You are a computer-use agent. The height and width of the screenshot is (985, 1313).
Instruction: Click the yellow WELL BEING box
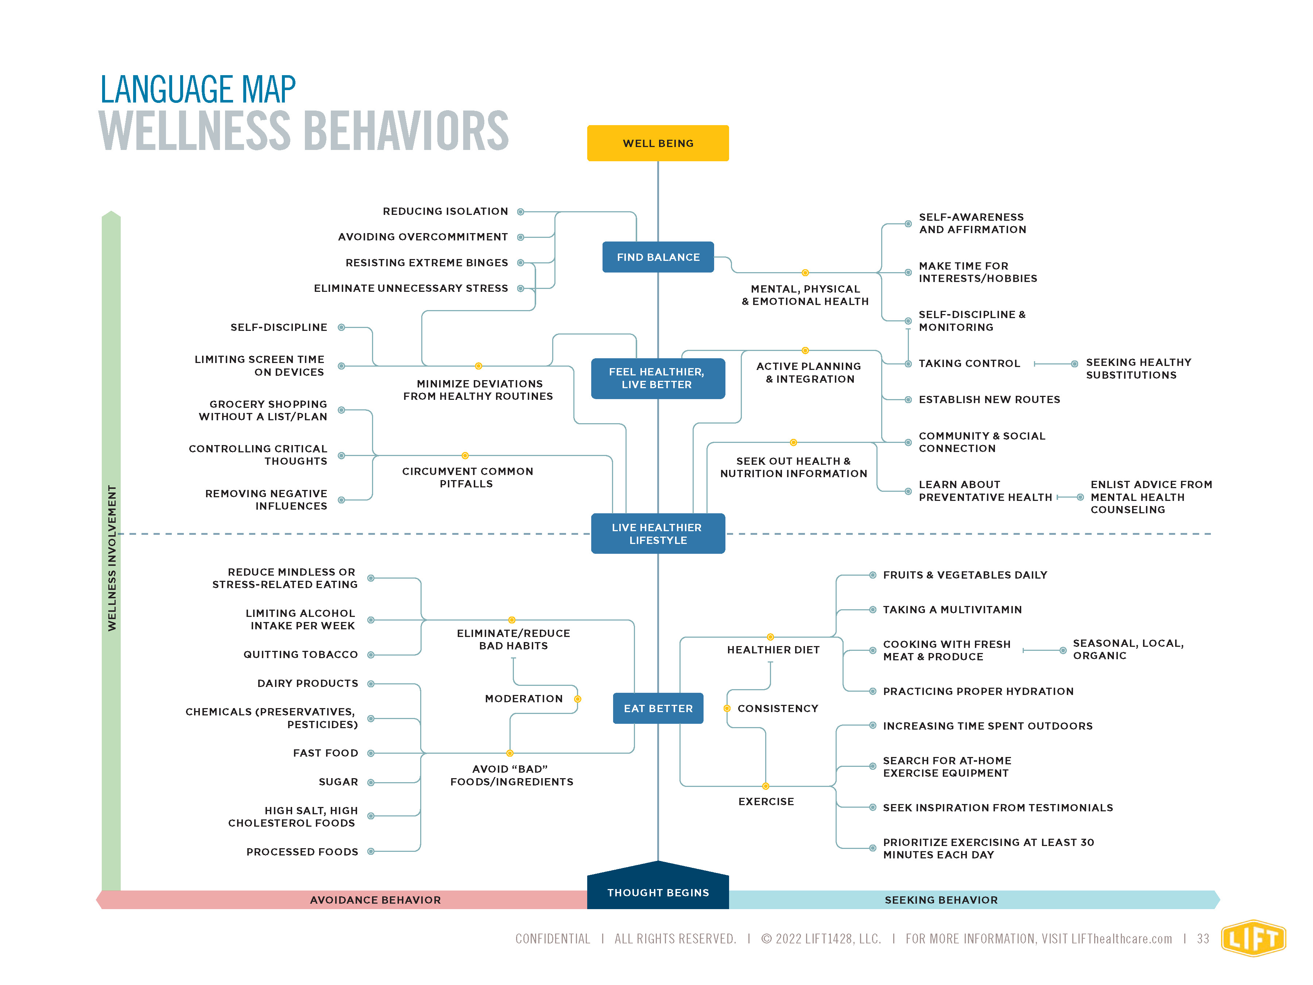(x=658, y=143)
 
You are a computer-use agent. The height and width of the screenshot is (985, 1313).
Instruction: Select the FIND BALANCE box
(x=658, y=257)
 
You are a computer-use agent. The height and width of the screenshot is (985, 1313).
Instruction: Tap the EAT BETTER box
(x=658, y=708)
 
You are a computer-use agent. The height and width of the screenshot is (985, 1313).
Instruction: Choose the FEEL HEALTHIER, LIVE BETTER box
(x=658, y=378)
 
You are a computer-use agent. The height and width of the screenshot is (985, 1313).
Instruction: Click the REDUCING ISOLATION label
(x=445, y=211)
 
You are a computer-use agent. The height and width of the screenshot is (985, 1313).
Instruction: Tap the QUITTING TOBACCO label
(x=301, y=654)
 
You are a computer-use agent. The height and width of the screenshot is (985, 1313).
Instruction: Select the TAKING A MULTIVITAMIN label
(x=952, y=610)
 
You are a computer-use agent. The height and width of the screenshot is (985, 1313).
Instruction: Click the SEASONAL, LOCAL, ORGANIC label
(x=1128, y=649)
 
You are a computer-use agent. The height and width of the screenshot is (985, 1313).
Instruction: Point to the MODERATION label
(x=523, y=699)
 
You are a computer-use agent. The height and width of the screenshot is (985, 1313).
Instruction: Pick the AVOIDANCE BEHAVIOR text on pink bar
(x=375, y=900)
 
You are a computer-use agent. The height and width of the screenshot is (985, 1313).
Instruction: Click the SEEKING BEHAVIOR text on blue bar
(x=941, y=900)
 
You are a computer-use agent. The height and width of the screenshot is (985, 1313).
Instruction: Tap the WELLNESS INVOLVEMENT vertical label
(x=112, y=558)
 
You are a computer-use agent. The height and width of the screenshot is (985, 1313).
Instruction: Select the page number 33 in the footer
(x=1202, y=939)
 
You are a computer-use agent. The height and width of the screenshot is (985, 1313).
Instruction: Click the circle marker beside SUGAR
(x=371, y=783)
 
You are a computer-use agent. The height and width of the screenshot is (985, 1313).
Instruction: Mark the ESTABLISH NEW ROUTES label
(x=989, y=399)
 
